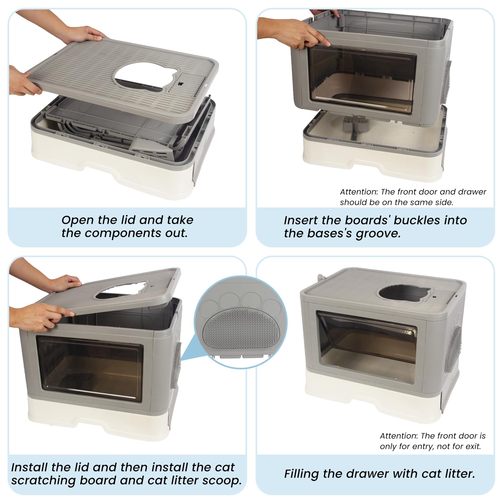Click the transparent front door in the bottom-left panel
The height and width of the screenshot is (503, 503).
[90, 368]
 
